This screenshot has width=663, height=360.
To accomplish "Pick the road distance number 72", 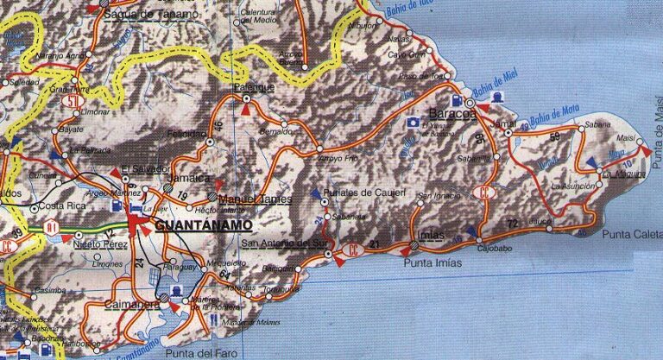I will [x=512, y=224].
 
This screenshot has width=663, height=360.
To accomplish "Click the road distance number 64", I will [x=224, y=275].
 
